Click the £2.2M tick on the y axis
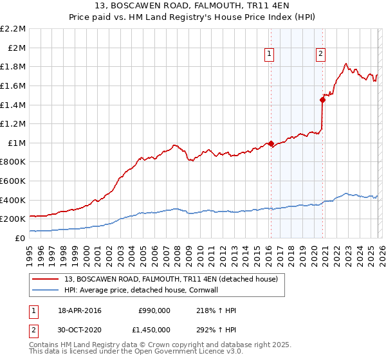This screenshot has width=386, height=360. click(x=13, y=29)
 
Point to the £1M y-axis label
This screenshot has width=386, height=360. click(x=16, y=143)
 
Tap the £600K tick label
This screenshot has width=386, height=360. click(x=13, y=181)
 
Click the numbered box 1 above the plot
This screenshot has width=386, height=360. click(x=268, y=55)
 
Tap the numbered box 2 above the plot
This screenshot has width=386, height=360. click(x=320, y=55)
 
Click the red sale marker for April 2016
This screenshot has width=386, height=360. click(x=271, y=143)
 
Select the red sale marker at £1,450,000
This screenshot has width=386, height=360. click(x=322, y=100)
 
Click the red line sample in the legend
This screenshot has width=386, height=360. click(x=46, y=279)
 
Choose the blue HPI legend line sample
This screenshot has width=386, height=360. click(x=46, y=290)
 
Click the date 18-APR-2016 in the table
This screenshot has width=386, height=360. click(x=79, y=310)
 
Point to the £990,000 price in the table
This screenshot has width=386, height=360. click(x=154, y=310)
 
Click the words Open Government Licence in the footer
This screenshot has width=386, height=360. click(x=170, y=352)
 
